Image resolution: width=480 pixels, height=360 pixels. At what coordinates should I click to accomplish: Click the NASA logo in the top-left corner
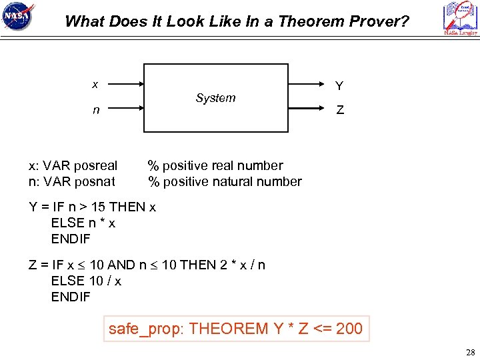[18, 17]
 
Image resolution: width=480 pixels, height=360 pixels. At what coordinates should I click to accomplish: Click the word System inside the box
[215, 98]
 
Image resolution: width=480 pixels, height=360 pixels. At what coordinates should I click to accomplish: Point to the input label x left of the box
[95, 84]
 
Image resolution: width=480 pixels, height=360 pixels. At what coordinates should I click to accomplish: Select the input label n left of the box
[96, 110]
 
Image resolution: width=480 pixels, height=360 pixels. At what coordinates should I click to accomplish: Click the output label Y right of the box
[339, 86]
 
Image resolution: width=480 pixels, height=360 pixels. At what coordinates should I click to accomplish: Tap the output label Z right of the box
[340, 111]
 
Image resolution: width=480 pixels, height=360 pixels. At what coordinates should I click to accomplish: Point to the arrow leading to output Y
[308, 85]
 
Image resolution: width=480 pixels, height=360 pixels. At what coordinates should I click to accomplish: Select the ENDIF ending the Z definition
[71, 297]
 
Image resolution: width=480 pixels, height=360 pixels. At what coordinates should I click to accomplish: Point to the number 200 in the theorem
[349, 329]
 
